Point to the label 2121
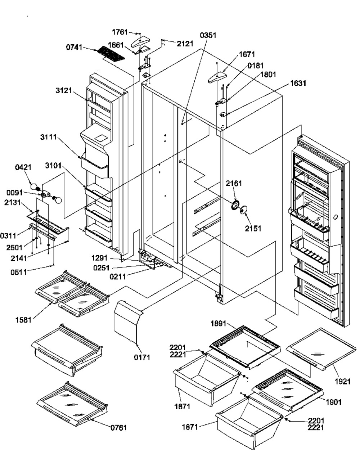[x=185, y=44]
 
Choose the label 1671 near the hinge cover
[x=247, y=54]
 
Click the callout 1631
[x=299, y=83]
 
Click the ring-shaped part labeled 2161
[x=235, y=205]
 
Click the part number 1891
[x=218, y=323]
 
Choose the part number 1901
[x=334, y=401]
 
